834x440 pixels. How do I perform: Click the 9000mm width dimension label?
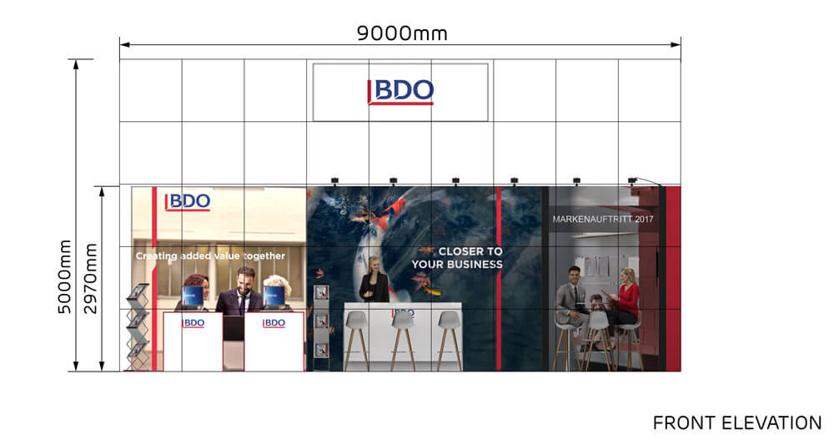tap(402, 33)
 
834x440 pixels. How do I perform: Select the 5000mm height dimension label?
tap(64, 276)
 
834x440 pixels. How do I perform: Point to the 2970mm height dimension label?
tap(91, 278)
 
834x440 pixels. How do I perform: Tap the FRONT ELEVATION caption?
tap(737, 423)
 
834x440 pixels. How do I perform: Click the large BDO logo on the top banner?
tap(400, 92)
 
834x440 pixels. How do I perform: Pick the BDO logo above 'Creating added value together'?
tap(187, 201)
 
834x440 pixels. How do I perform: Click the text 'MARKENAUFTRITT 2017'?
tap(603, 219)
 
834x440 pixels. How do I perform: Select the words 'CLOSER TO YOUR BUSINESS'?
tap(457, 258)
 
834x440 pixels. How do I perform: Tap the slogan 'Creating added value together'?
tap(210, 255)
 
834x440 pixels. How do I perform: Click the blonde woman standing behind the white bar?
tap(374, 280)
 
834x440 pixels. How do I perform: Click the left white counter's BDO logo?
tap(193, 323)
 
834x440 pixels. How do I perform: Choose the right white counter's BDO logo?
tap(274, 323)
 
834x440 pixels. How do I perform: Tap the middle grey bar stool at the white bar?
tap(403, 339)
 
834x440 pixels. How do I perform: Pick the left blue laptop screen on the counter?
tap(193, 296)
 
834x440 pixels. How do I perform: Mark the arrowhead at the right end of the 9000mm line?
tap(676, 45)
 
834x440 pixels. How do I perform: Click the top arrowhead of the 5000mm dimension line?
tap(76, 64)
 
